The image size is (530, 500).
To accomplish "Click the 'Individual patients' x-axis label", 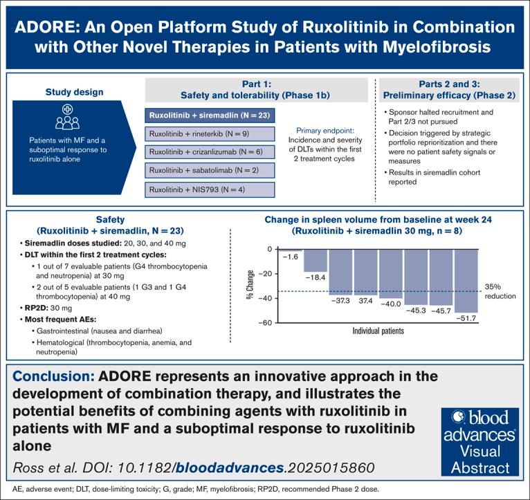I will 378,331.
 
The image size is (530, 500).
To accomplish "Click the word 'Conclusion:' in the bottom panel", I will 55,377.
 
